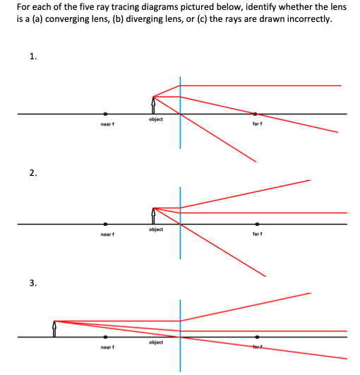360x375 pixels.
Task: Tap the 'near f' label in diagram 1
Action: (107, 124)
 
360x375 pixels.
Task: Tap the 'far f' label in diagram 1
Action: (257, 124)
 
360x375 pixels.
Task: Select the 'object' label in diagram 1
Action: (157, 119)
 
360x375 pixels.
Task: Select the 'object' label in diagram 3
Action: (157, 343)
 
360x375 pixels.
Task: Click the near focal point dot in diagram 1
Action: (106, 114)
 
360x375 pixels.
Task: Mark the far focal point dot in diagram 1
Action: (256, 114)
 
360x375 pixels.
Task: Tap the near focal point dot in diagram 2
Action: (106, 225)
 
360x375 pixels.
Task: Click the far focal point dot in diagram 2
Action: (257, 225)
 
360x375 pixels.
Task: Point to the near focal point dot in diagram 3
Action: (106, 338)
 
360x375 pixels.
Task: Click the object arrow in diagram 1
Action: (153, 105)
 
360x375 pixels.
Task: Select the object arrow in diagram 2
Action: (153, 215)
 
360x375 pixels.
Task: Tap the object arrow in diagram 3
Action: (55, 328)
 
